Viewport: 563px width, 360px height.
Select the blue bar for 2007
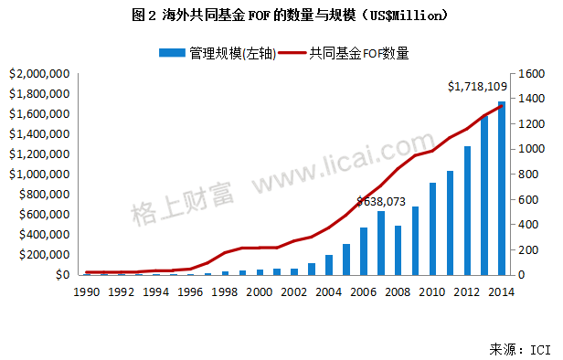click(x=381, y=243)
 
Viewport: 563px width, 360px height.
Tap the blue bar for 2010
click(x=433, y=229)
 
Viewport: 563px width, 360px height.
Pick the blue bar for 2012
click(x=467, y=210)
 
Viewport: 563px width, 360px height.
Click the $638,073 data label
click(x=381, y=201)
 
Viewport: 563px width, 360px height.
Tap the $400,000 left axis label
click(x=45, y=234)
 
